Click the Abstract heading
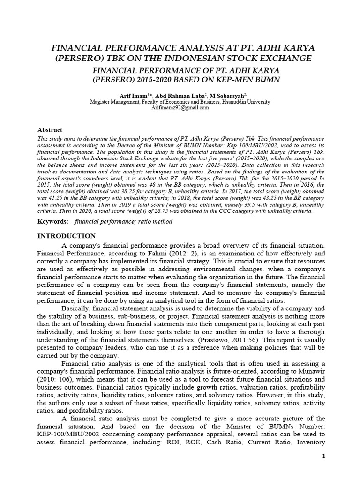pos(50,130)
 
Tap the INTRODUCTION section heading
pos(67,236)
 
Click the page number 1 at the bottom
pos(321,456)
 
